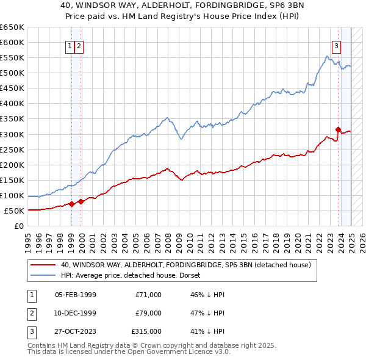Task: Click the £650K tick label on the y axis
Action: pos(12,27)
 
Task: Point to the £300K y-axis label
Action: pos(12,134)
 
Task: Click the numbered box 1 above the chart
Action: pos(70,45)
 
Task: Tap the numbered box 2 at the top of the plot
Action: pos(79,45)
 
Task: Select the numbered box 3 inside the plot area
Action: pos(335,45)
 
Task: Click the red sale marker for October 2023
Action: pos(338,129)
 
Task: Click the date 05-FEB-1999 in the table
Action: pos(75,295)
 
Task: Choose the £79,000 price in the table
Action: pos(148,313)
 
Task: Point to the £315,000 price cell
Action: pos(146,331)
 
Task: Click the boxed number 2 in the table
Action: pos(30,313)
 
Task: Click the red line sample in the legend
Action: pos(43,265)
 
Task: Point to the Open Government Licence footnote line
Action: pos(129,352)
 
